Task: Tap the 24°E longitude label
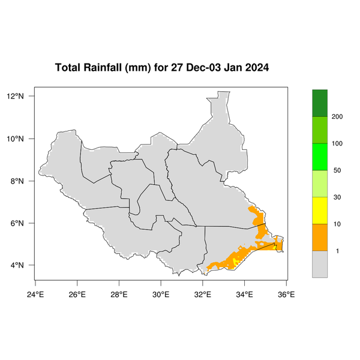[35, 294]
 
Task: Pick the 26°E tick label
[77, 294]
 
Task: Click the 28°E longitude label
[119, 294]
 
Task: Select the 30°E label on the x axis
[161, 294]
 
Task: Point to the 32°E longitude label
[203, 294]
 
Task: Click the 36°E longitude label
[286, 294]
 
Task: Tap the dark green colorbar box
[320, 103]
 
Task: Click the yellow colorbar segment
[320, 210]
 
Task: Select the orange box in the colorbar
[320, 237]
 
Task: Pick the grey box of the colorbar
[320, 264]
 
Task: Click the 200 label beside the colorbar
[337, 117]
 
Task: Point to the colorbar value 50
[337, 170]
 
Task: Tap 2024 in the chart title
[255, 67]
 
